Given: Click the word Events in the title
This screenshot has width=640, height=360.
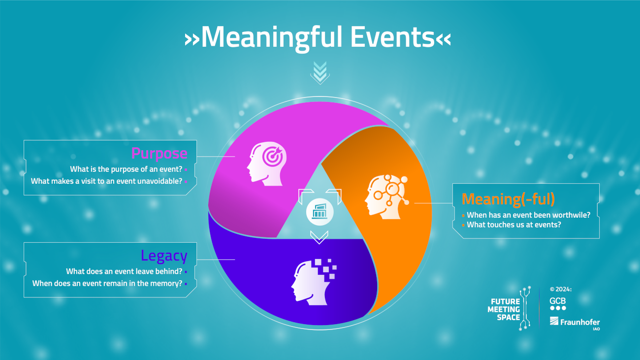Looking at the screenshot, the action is click(392, 37).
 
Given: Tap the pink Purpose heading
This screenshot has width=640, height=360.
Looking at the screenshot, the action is click(159, 154).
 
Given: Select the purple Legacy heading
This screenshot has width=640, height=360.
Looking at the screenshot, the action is click(164, 256).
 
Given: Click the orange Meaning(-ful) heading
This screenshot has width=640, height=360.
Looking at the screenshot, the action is click(508, 199).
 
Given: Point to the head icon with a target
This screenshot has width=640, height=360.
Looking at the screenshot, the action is click(266, 164).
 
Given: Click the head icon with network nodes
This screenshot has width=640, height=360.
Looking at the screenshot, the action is click(386, 197).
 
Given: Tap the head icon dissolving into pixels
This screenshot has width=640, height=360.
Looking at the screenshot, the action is click(314, 282).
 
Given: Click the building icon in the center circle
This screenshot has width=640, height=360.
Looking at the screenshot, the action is click(320, 212).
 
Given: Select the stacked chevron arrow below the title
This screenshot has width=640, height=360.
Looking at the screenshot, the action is click(320, 73).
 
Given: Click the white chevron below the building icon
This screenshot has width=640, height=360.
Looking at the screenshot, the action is click(319, 237).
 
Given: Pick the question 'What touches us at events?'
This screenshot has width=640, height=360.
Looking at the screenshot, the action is click(513, 225).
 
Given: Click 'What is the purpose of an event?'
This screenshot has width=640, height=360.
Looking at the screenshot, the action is click(126, 169).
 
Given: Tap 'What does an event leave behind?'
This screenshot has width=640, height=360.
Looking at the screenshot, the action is click(124, 271).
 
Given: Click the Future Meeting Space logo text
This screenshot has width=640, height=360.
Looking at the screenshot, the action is click(504, 309).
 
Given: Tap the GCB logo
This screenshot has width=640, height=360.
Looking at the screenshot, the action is click(558, 304).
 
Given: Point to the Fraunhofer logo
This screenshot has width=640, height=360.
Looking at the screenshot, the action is click(575, 323).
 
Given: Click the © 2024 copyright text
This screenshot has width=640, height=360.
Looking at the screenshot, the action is click(561, 290).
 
